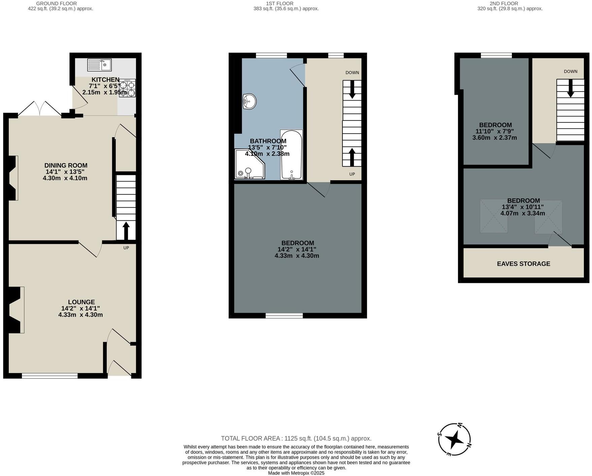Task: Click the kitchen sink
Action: tap(99, 65)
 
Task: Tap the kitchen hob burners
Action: tap(127, 88)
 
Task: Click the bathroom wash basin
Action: tap(249, 101)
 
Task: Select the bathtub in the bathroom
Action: tap(291, 155)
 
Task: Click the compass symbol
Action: tap(455, 439)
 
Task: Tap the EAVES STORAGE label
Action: tap(523, 264)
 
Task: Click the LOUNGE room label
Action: tap(81, 302)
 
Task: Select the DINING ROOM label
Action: tap(66, 165)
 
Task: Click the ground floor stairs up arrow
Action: tap(126, 230)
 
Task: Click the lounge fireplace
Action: tap(14, 310)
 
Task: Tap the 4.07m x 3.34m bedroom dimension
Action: tap(523, 213)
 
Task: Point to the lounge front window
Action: tap(50, 376)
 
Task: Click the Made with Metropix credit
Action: tap(296, 473)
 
